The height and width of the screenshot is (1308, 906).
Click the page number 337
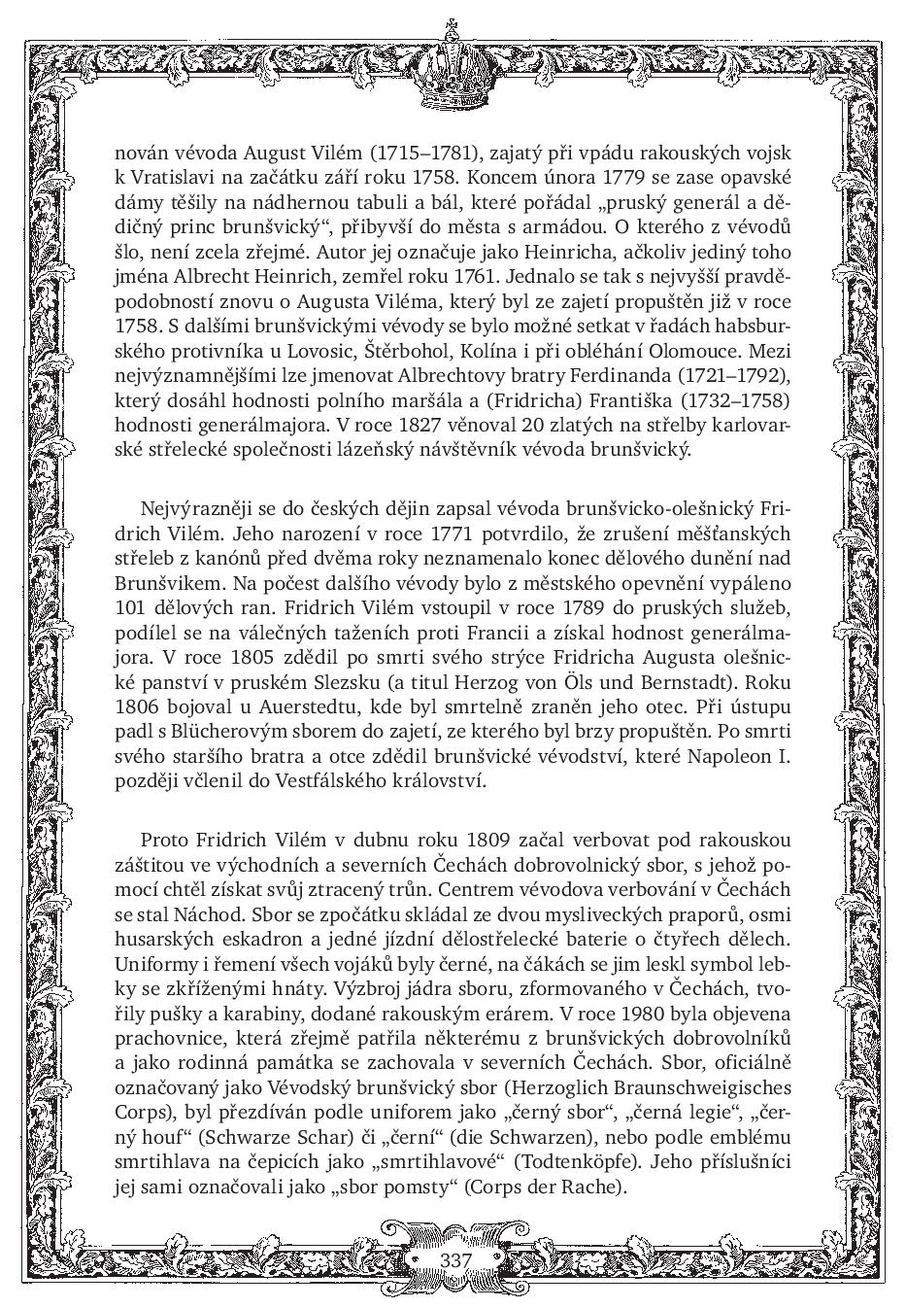tap(454, 1259)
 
